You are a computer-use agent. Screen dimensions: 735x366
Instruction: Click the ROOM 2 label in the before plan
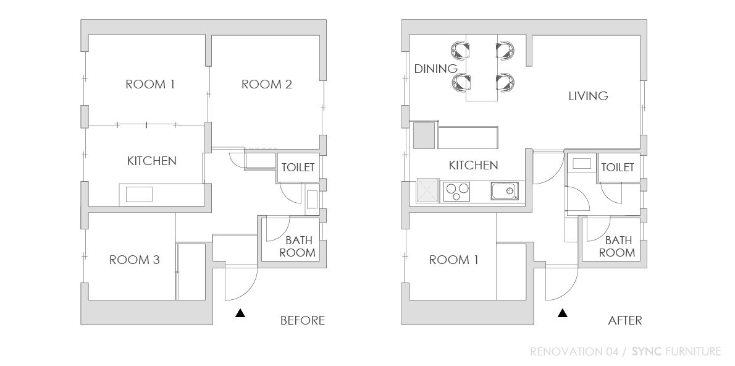point(267,85)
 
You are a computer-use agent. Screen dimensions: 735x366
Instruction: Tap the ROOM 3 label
point(135,260)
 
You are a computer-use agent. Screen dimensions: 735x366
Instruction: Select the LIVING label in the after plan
point(588,96)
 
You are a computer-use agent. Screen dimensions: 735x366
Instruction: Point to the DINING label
point(436,69)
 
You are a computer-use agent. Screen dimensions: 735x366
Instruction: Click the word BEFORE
point(303,320)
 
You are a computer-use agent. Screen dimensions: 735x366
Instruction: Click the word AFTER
point(625,320)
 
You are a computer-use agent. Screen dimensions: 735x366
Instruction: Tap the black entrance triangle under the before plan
point(240,313)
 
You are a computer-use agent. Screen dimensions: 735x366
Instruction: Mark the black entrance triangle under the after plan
point(563,313)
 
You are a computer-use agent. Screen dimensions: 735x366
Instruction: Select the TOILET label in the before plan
point(298,168)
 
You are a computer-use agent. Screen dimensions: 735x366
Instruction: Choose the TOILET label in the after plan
point(618,168)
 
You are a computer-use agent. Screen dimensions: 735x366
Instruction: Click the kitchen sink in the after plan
point(505,191)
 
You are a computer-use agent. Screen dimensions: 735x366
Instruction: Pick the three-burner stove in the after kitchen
point(456,191)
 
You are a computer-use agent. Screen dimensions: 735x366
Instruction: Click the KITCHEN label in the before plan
point(152,161)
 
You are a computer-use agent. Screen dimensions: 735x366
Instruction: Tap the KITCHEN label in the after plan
point(474,166)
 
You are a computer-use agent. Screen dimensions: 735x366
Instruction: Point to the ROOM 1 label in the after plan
point(454,260)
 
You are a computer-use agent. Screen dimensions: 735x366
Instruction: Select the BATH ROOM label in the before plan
point(298,247)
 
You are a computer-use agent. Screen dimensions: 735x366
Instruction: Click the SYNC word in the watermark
point(647,351)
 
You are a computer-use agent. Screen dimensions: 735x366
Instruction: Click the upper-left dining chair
point(460,49)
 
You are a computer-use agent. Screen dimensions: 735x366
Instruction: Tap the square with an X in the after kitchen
point(427,191)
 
